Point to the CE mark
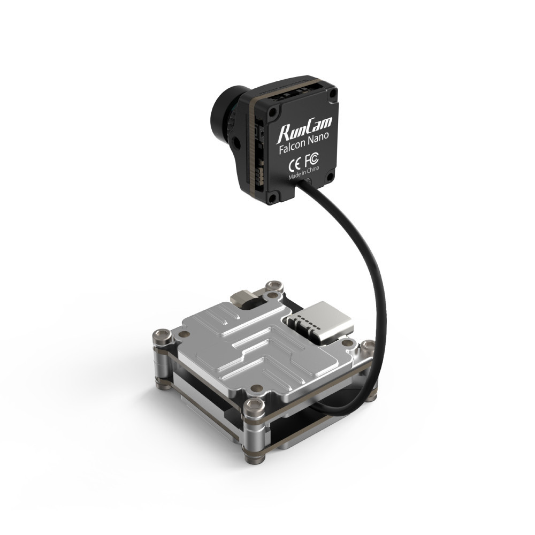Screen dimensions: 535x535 294,163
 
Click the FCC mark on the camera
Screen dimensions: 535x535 312,159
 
